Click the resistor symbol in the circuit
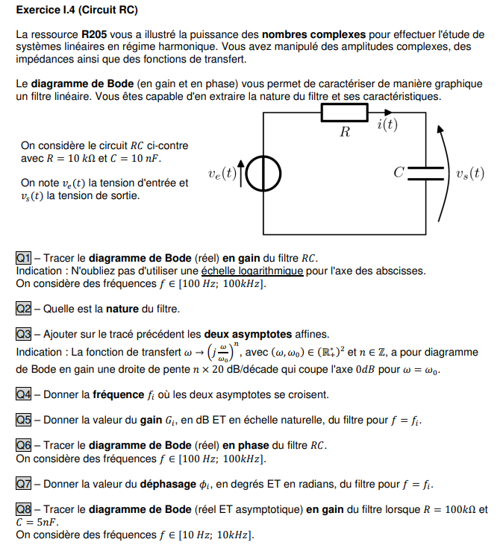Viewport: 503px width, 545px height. point(344,113)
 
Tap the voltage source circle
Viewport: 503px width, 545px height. point(263,174)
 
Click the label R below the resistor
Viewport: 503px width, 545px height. point(345,133)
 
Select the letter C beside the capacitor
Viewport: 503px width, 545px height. point(399,173)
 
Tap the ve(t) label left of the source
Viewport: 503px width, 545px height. point(222,174)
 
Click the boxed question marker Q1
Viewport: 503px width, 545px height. point(23,258)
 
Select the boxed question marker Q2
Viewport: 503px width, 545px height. point(23,308)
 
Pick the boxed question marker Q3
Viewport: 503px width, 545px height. point(23,333)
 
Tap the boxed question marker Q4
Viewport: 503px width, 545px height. point(23,394)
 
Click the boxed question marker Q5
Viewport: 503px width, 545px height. point(23,420)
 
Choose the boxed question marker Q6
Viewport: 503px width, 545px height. point(23,445)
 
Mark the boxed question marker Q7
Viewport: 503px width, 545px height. point(23,484)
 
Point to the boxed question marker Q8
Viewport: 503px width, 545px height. point(23,509)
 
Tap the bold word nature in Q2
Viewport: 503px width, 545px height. point(122,308)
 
